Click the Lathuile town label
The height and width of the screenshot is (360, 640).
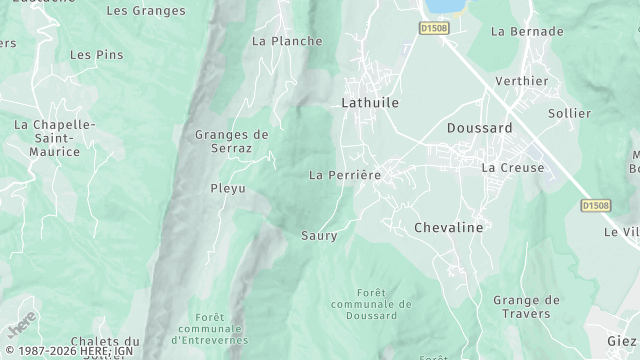click(370, 102)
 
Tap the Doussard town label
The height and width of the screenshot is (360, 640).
click(479, 128)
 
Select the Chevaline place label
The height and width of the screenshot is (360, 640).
click(448, 228)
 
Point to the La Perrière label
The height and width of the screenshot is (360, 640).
click(345, 175)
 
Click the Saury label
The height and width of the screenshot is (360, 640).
click(319, 236)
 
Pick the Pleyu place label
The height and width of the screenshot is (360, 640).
click(227, 188)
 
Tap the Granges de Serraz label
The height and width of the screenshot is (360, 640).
click(231, 141)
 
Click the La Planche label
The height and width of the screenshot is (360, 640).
click(287, 41)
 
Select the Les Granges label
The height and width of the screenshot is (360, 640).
click(145, 11)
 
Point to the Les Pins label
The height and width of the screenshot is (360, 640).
click(96, 55)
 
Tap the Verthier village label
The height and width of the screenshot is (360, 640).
click(521, 81)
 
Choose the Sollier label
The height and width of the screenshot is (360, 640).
click(570, 113)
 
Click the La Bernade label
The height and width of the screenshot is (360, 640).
click(528, 31)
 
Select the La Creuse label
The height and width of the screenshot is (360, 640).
click(513, 167)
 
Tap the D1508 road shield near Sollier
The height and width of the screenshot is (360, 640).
click(595, 205)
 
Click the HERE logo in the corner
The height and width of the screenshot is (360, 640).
click(21, 327)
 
